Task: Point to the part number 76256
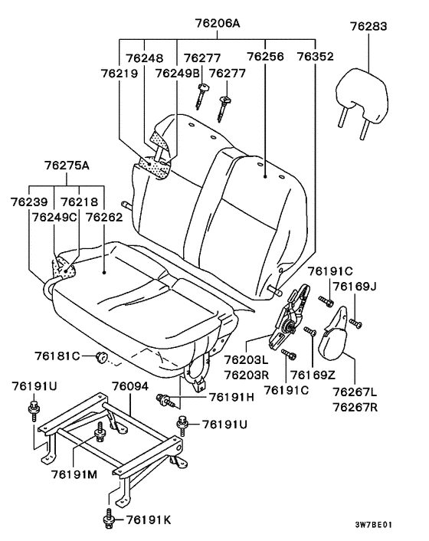(x=266, y=57)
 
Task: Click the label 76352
(x=316, y=57)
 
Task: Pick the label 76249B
(x=177, y=74)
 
